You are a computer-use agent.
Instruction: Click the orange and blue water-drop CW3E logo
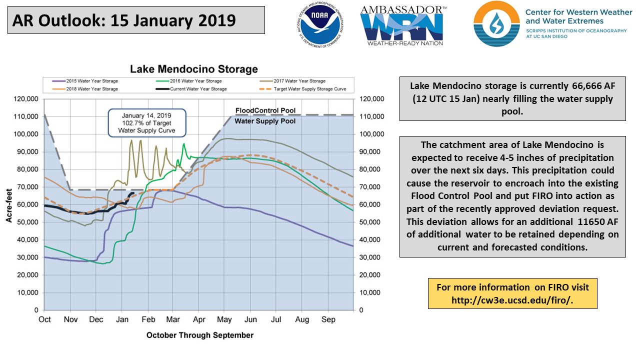point(496,24)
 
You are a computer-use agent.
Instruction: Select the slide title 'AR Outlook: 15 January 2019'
point(124,20)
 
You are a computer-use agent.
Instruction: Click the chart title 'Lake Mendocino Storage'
point(194,69)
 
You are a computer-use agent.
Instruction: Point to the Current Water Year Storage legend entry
point(194,89)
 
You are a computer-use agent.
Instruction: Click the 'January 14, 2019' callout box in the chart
point(146,122)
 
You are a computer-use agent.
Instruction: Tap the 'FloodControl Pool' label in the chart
point(265,110)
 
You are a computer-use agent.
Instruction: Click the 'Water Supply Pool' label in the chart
point(265,121)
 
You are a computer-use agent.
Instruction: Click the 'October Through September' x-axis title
point(200,335)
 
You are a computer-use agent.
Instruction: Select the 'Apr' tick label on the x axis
point(199,319)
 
